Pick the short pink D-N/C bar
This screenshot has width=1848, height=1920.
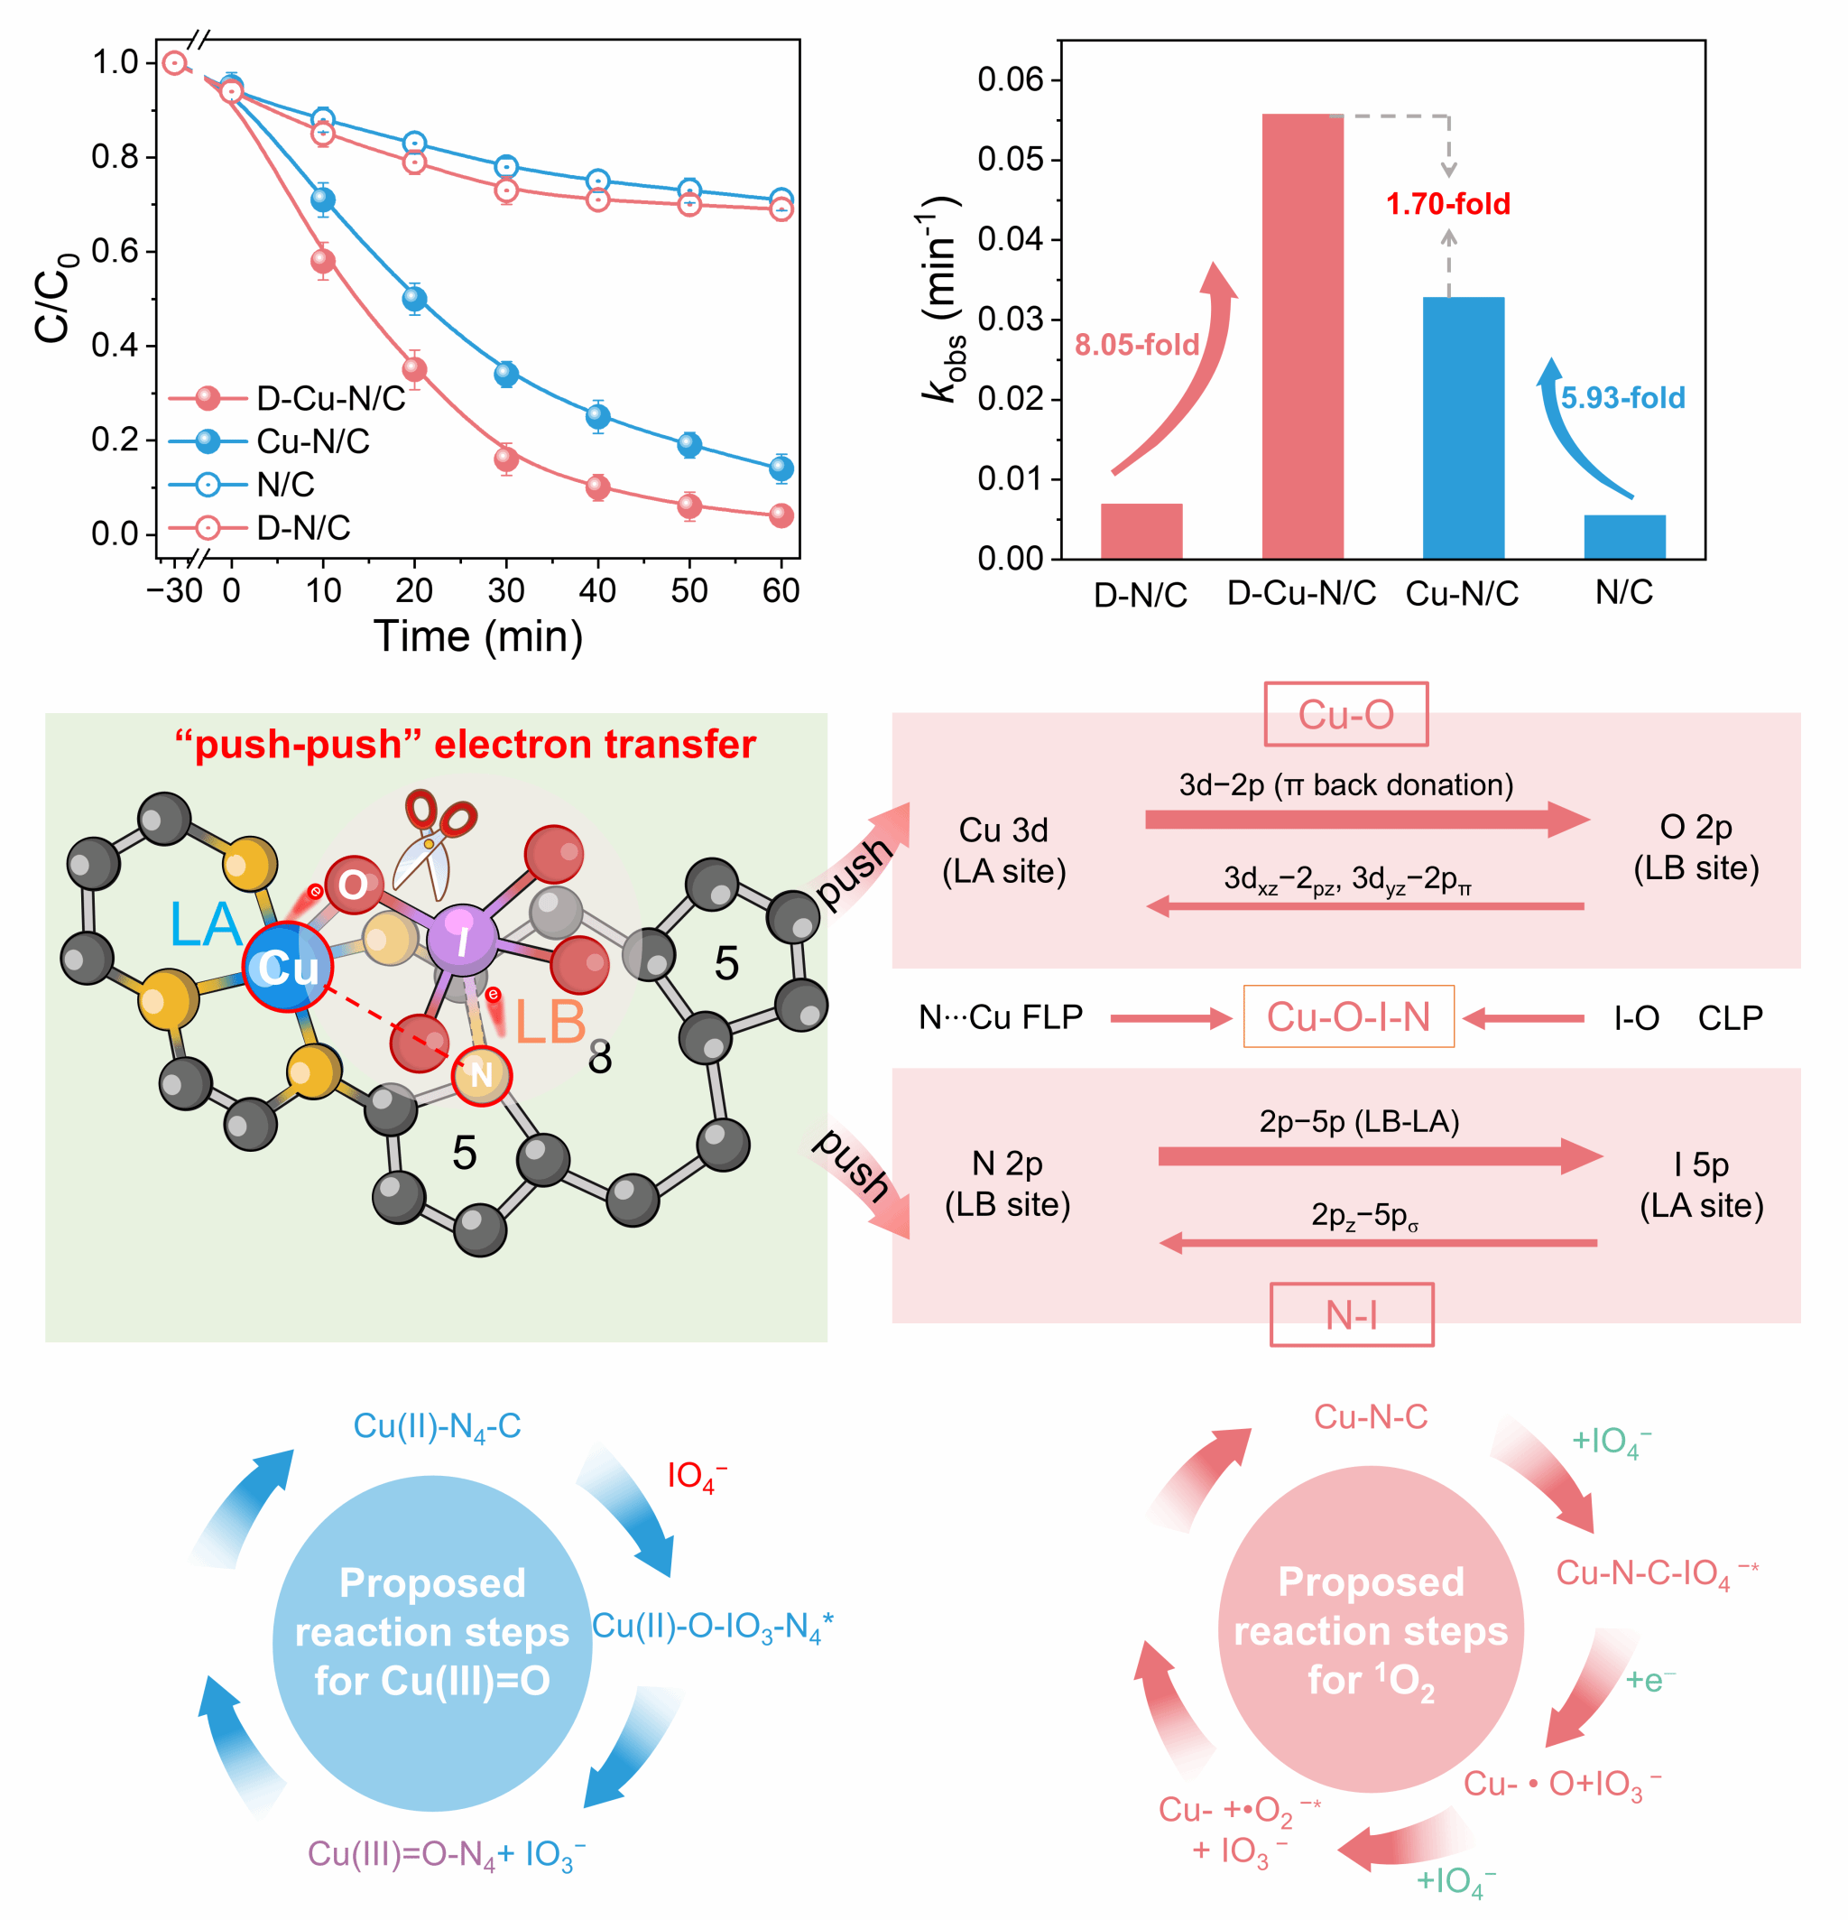1141,531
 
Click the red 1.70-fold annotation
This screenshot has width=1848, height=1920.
1447,204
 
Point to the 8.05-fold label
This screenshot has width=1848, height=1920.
1136,345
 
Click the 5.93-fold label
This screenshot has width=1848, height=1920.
1622,398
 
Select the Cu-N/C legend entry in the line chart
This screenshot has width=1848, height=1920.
312,441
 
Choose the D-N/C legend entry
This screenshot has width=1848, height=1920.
302,528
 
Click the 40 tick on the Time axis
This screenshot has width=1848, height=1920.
597,590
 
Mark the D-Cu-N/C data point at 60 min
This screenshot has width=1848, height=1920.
781,515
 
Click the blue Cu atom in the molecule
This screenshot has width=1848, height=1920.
287,966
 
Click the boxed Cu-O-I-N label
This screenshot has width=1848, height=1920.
1347,1016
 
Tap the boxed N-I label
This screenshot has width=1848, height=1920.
1351,1314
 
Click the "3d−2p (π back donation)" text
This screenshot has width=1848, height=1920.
1345,784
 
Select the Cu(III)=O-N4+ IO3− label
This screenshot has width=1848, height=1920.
447,1853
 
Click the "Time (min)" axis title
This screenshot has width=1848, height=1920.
478,636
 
